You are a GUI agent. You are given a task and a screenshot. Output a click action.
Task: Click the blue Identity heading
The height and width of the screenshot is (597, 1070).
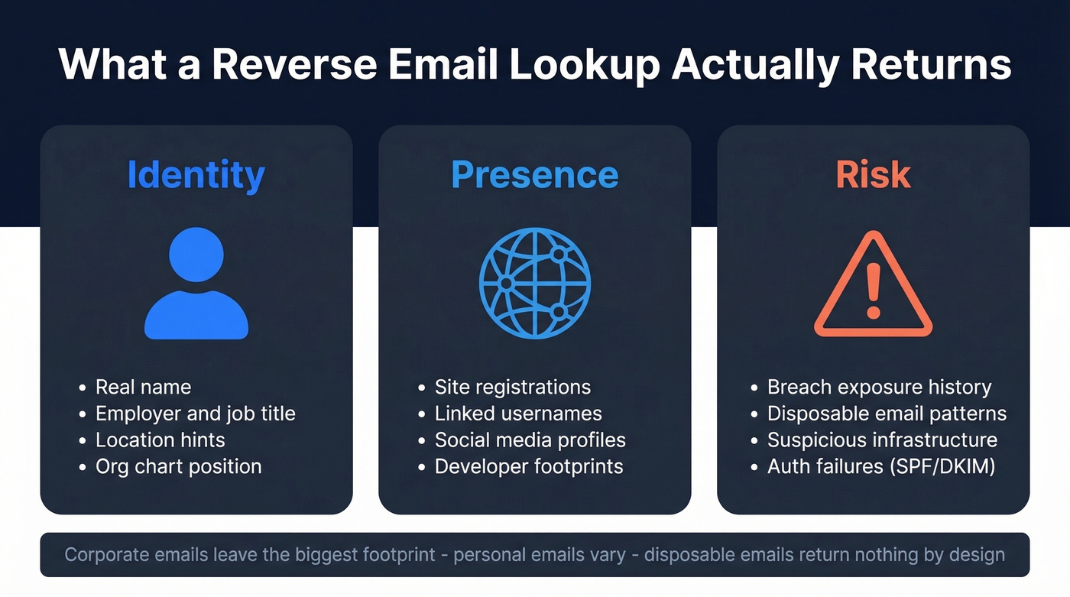click(196, 175)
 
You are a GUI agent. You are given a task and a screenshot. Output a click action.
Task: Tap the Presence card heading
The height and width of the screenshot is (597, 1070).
click(534, 175)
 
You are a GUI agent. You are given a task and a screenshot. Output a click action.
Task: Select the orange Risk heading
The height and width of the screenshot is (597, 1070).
click(873, 175)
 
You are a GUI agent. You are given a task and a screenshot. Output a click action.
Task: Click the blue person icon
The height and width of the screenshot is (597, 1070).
click(196, 283)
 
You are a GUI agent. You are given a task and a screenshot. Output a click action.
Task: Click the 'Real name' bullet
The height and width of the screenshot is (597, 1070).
click(143, 388)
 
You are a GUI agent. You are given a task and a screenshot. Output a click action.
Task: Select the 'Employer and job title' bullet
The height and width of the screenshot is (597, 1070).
click(195, 414)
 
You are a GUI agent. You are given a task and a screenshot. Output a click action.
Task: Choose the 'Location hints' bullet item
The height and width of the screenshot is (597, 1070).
click(160, 440)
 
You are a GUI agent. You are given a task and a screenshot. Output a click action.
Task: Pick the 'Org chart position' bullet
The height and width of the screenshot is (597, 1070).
click(178, 466)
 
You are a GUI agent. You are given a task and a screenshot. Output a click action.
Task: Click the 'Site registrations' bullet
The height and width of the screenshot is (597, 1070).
click(512, 388)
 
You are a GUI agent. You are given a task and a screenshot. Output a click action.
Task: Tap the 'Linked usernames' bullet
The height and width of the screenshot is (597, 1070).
click(518, 414)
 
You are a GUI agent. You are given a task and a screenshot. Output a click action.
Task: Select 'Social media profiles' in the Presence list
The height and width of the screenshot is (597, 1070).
click(530, 440)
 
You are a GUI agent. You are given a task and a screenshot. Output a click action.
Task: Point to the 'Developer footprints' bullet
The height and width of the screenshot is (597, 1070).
click(529, 466)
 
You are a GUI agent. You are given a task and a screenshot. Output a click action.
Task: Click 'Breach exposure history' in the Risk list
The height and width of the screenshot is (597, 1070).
click(879, 388)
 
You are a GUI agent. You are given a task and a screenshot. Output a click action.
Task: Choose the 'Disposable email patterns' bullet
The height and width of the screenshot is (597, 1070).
click(887, 414)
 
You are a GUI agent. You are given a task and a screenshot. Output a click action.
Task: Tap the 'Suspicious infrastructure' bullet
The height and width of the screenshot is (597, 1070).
click(882, 440)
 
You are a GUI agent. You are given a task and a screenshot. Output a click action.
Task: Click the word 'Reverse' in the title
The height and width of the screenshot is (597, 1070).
click(293, 64)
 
